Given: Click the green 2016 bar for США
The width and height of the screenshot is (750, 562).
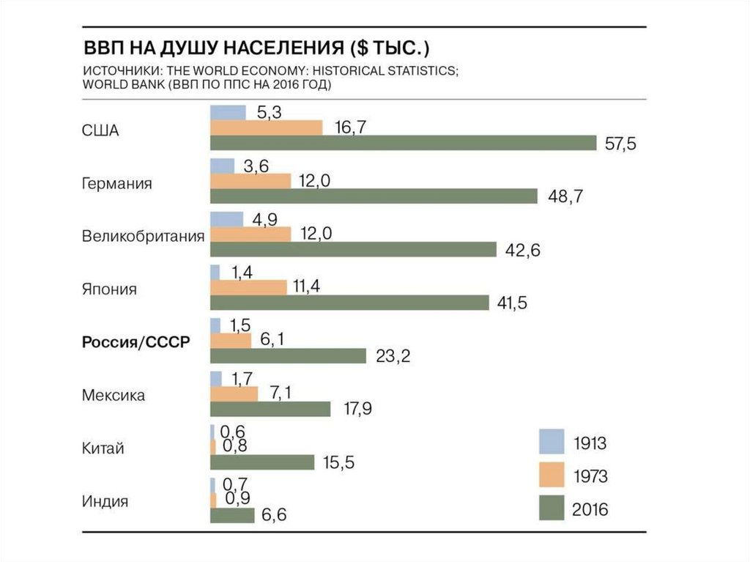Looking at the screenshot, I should pos(403,143).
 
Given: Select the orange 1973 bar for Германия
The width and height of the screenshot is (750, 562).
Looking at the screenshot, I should pos(250,181).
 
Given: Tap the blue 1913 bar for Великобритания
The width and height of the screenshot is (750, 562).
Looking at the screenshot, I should pos(226,219).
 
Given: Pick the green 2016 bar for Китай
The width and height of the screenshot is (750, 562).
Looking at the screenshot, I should pos(261,462).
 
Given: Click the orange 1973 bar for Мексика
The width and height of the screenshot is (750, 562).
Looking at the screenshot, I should pos(234,394).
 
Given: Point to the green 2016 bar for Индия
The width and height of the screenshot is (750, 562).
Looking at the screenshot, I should pos(231,516).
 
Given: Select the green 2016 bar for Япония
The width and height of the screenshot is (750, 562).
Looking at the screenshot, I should pos(349,303).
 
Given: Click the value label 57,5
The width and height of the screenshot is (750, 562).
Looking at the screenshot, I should pos(620,144).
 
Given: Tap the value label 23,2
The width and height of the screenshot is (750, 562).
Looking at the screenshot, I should pos(393,356).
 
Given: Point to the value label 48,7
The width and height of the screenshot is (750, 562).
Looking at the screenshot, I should pos(565,196).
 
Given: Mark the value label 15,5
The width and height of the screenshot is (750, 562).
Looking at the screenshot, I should pos(338,463).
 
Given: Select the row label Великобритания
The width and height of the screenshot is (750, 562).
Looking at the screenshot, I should pos(142,236).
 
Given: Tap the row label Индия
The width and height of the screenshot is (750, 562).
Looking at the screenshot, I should pos(105,502).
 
